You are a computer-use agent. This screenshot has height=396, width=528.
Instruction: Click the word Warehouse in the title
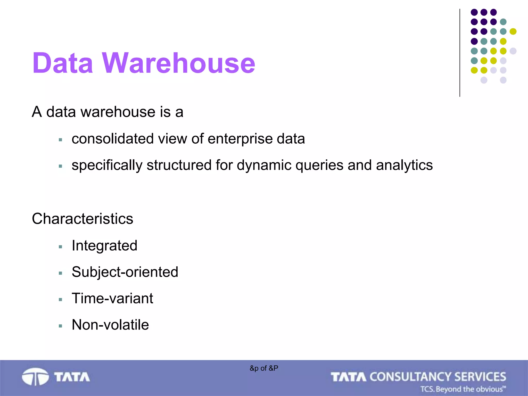click(x=178, y=63)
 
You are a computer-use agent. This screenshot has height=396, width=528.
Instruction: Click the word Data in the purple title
click(x=63, y=63)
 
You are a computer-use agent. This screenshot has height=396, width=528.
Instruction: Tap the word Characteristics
click(x=82, y=219)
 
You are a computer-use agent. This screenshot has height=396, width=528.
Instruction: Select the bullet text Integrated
click(x=104, y=245)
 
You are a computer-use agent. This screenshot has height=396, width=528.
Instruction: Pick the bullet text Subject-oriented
click(x=125, y=272)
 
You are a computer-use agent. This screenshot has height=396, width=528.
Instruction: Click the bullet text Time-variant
click(x=112, y=298)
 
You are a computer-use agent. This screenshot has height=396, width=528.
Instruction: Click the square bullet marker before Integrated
click(x=61, y=247)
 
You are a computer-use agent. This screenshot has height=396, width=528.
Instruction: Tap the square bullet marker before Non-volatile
click(x=61, y=326)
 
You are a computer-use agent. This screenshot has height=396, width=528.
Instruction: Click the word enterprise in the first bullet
click(x=240, y=139)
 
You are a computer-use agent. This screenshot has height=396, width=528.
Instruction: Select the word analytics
click(x=404, y=165)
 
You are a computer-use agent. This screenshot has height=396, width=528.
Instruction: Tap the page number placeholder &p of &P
click(x=264, y=368)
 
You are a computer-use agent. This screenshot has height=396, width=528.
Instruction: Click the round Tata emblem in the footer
click(x=35, y=377)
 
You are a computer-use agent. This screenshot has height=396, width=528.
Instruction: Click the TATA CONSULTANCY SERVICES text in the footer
click(x=418, y=377)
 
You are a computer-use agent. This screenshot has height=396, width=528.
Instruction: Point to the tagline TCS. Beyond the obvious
click(x=463, y=389)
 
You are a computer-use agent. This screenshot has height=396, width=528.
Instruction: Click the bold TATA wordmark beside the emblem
click(x=72, y=377)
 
